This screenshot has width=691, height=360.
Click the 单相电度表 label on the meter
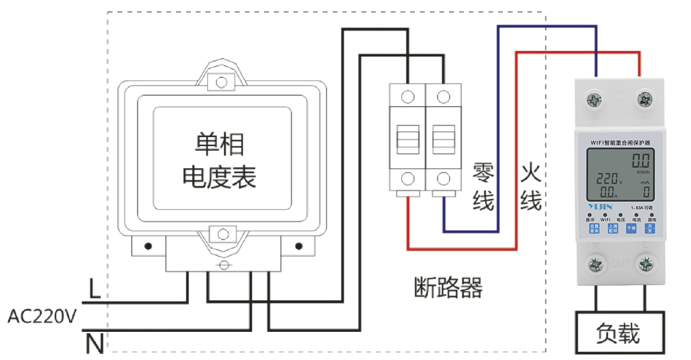[219, 161]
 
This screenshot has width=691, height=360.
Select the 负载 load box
[619, 333]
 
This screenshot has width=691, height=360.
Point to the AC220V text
[42, 316]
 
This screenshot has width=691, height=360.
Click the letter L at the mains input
[94, 289]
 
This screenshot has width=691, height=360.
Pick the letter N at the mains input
[95, 344]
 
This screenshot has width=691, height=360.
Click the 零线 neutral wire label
[483, 187]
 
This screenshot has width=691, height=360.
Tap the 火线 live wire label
[531, 187]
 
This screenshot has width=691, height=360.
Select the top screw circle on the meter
[222, 81]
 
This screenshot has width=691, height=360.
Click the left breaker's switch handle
[408, 139]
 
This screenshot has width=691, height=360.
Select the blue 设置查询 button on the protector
[593, 228]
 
